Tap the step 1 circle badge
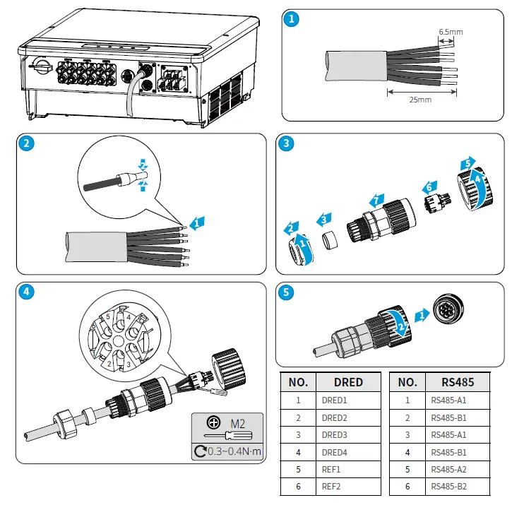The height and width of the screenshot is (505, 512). tap(292, 20)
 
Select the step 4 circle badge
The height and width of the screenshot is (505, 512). tap(26, 290)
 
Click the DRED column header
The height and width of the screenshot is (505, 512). tap(348, 382)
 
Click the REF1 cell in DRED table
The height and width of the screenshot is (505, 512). tap(332, 468)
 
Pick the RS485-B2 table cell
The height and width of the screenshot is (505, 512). tap(448, 486)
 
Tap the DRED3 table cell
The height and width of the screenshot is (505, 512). tap(335, 434)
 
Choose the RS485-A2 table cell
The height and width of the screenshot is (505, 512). tap(448, 468)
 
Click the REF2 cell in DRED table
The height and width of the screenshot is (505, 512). tap(332, 486)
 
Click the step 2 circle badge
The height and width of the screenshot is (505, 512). tap(26, 144)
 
